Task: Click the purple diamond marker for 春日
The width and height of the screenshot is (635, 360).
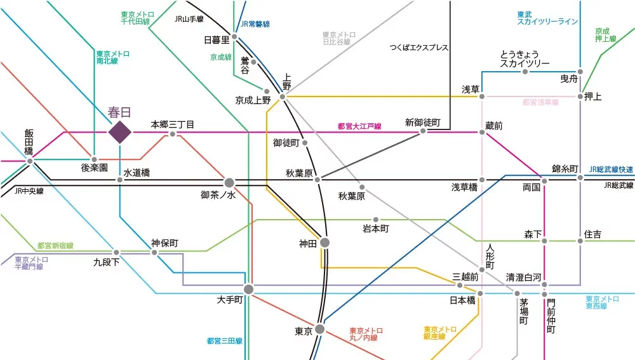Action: tap(119, 132)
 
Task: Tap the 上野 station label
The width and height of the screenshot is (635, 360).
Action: tap(287, 81)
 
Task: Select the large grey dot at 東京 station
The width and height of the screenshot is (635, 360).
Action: tap(319, 329)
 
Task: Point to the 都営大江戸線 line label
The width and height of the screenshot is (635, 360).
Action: tap(359, 126)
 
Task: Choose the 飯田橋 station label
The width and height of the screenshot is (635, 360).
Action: tap(29, 142)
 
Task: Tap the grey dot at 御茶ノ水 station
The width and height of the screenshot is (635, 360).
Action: tap(229, 182)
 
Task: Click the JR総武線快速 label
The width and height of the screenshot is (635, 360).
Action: tap(611, 170)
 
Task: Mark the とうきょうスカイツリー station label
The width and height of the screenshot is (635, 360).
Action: tap(525, 58)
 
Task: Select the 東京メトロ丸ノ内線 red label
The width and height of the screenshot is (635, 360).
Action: tap(366, 335)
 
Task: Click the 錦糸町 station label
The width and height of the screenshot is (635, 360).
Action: tap(565, 169)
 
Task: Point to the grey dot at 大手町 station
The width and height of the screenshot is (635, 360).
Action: tap(248, 289)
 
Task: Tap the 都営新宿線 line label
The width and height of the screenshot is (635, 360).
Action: tap(55, 246)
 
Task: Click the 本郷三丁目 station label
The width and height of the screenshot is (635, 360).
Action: tap(172, 124)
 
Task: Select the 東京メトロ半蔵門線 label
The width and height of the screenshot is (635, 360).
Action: tap(31, 263)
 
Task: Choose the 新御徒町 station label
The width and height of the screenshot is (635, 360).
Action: tap(422, 123)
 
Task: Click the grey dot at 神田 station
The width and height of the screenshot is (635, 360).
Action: tap(324, 243)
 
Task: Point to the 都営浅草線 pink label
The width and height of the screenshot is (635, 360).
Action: tap(540, 102)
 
